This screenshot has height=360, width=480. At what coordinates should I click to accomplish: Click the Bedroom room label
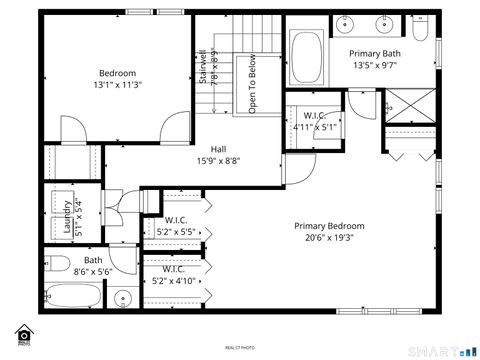coord(117,73)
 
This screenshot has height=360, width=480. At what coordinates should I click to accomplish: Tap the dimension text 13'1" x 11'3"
coord(117,86)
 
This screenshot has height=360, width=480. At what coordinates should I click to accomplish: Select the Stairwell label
coord(203,67)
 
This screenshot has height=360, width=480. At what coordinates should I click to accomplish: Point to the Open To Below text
coord(252,84)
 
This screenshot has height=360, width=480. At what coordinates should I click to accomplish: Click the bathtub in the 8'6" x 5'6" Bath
coord(74,298)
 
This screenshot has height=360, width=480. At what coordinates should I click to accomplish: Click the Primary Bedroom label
coord(329,226)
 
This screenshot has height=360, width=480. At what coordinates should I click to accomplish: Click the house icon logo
coord(23,333)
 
